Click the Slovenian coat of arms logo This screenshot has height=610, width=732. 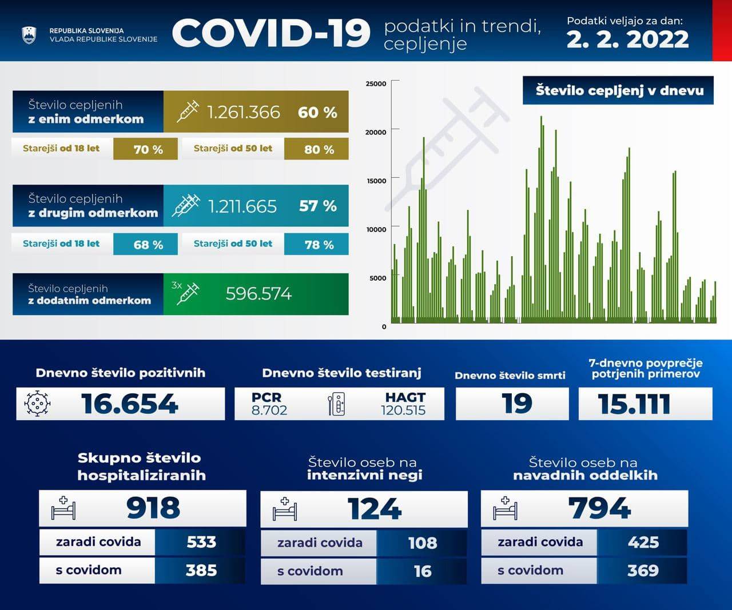coord(29,35)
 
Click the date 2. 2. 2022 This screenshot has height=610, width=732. coord(627,39)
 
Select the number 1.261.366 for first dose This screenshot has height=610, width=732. coord(243,112)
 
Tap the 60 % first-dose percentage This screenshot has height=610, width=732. coord(317,113)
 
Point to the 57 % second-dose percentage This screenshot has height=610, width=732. coord(317,206)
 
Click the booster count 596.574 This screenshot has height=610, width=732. coord(258,294)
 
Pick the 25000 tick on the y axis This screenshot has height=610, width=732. coord(376,83)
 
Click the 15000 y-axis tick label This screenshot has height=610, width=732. coord(376,181)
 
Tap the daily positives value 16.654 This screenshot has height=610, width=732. coord(130,404)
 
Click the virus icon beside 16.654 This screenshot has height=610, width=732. coord(37,404)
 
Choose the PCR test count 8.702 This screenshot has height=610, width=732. coord(269,410)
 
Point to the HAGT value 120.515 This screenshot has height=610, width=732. coord(403,410)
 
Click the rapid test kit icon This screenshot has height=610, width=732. coord(337,404)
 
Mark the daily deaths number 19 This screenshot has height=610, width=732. coord(517,404)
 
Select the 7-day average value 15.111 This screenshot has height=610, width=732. coord(634,404)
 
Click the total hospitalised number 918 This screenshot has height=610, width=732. coord(153,508)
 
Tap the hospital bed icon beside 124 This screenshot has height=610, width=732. coord(285,509)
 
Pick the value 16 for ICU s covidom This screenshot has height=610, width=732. coord(422,571)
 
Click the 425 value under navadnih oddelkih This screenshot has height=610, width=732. coord(643,542)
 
